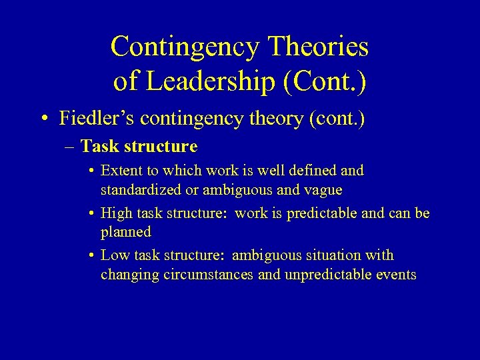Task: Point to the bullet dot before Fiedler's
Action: pyautogui.click(x=43, y=119)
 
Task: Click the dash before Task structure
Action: pyautogui.click(x=71, y=146)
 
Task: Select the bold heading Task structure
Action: pyautogui.click(x=139, y=146)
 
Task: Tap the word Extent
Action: pyautogui.click(x=119, y=171)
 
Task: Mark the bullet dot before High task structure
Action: pyautogui.click(x=91, y=213)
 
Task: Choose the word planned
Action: pyautogui.click(x=126, y=232)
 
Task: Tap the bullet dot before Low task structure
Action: pyautogui.click(x=91, y=256)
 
